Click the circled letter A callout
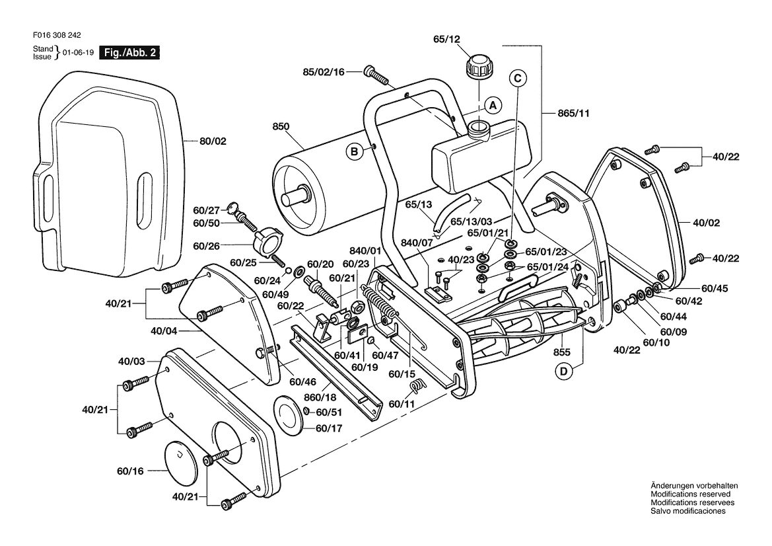pos(493,105)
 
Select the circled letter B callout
pos(354,152)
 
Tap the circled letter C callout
pos(518,78)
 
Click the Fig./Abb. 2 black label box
pos(129,52)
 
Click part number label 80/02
pos(213,141)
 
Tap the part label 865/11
pos(574,113)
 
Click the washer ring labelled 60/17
pos(288,413)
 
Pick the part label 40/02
pos(707,223)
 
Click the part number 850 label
pos(281,127)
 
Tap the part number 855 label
pos(562,352)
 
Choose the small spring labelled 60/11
pos(417,386)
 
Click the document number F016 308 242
pos(57,35)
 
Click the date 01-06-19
pos(78,52)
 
